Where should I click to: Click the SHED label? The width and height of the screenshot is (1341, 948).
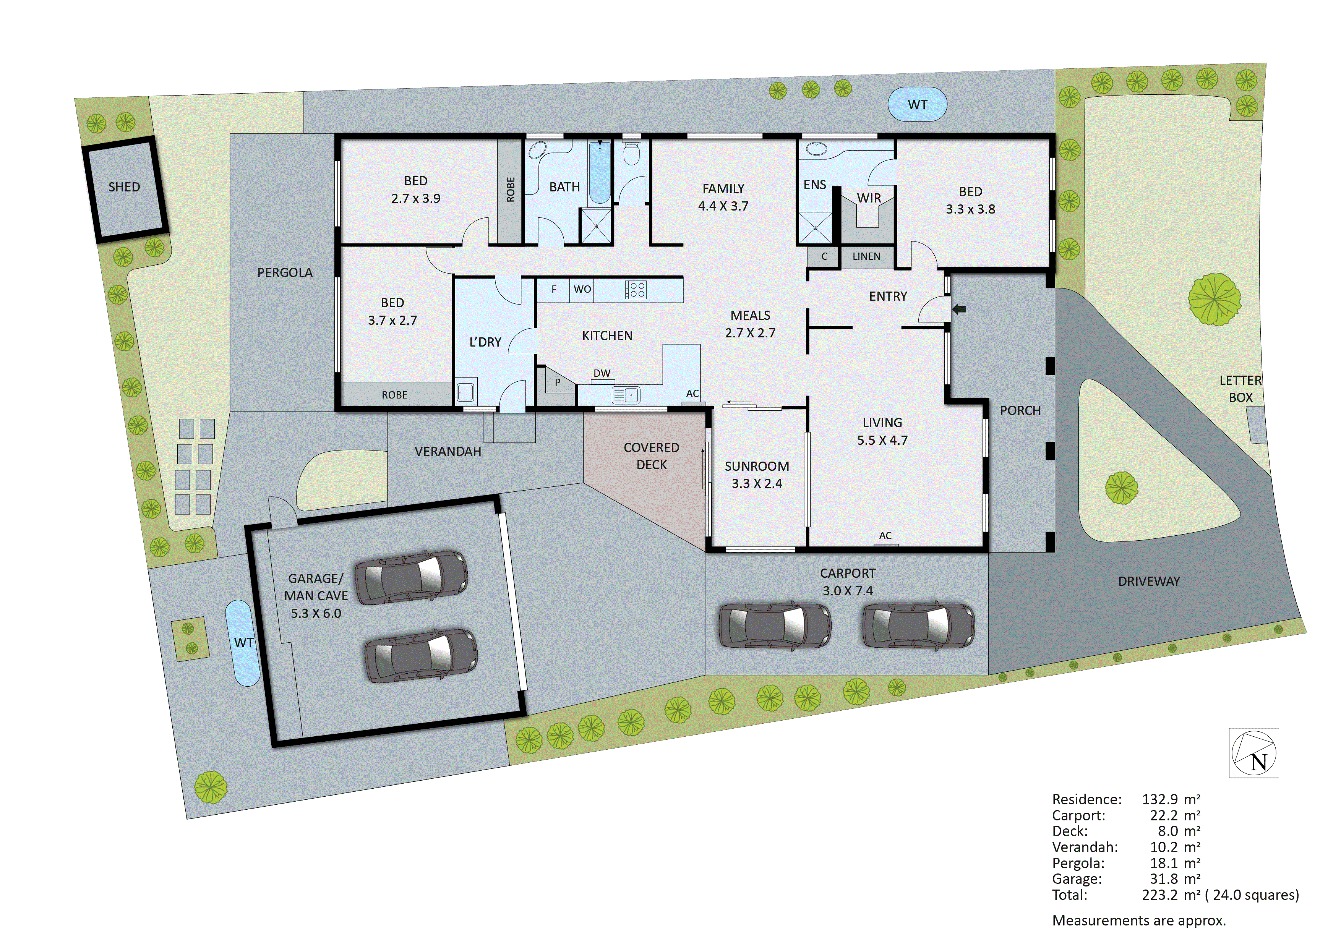coord(124,187)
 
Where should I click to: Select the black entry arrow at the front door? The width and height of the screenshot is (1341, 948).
coord(958,309)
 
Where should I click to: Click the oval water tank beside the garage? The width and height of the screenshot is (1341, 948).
coord(242,643)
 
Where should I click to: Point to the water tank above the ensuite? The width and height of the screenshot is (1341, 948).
coord(917,105)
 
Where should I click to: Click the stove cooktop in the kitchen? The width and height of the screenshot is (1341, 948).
coord(636,290)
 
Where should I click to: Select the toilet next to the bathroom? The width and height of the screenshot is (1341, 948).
coord(631,154)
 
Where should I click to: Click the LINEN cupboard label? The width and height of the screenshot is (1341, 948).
coord(866,256)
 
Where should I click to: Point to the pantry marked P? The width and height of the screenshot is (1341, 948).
coord(557,382)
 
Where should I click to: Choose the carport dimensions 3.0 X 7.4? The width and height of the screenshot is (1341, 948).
coord(848,590)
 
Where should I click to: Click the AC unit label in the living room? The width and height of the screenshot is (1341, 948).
coord(885,536)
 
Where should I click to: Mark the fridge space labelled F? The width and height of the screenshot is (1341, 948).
coord(554,289)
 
